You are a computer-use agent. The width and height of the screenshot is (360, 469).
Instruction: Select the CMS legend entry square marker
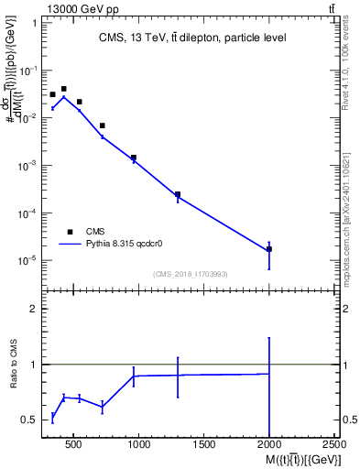pos(70,232)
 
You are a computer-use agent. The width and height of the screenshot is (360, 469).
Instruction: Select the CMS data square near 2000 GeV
pos(269,249)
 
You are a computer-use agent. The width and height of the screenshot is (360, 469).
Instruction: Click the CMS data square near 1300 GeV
pos(178,194)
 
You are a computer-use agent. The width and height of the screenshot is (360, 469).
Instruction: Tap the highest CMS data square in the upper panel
pos(63,89)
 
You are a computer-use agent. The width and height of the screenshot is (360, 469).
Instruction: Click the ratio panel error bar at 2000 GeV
pos(269,385)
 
